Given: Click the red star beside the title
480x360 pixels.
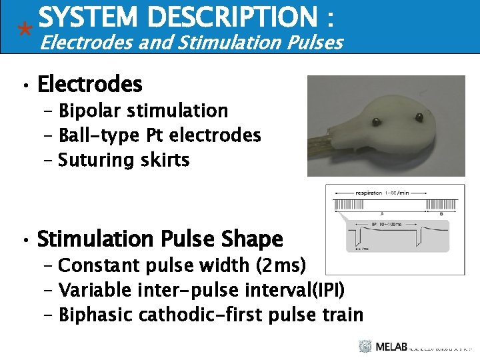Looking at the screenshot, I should coord(25,29).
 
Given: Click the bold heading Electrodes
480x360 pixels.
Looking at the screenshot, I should coord(90,85).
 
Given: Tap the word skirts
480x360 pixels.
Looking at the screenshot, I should coord(166,160).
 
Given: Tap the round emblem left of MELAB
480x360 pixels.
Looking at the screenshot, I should coord(365,346).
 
